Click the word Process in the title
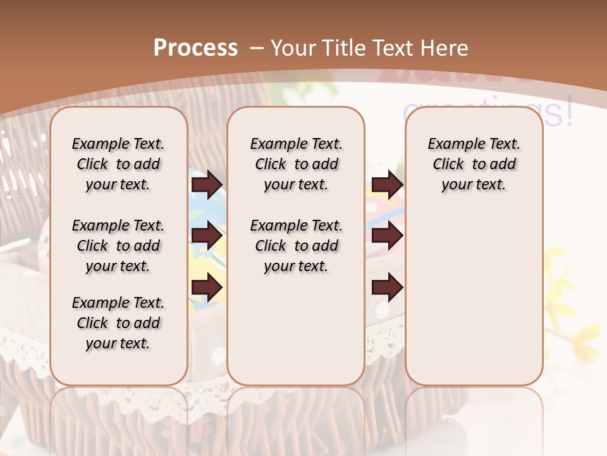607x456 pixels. pos(195,47)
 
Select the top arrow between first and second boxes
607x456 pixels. pos(207,184)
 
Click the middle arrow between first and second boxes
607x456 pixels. pos(207,236)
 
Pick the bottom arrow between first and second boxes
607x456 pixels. pos(207,288)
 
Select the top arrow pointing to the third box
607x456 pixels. pos(387,184)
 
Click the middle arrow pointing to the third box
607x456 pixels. pos(387,236)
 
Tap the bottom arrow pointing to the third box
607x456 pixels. pos(387,288)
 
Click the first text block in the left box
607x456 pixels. pos(118,164)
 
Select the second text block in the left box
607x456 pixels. pos(118,246)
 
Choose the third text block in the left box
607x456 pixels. pos(118,323)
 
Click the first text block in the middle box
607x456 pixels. pos(296,164)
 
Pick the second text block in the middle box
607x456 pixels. pos(296,246)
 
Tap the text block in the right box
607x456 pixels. pos(474,164)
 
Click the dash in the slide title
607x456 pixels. pos(257,47)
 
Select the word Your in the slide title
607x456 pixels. pos(292,47)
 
